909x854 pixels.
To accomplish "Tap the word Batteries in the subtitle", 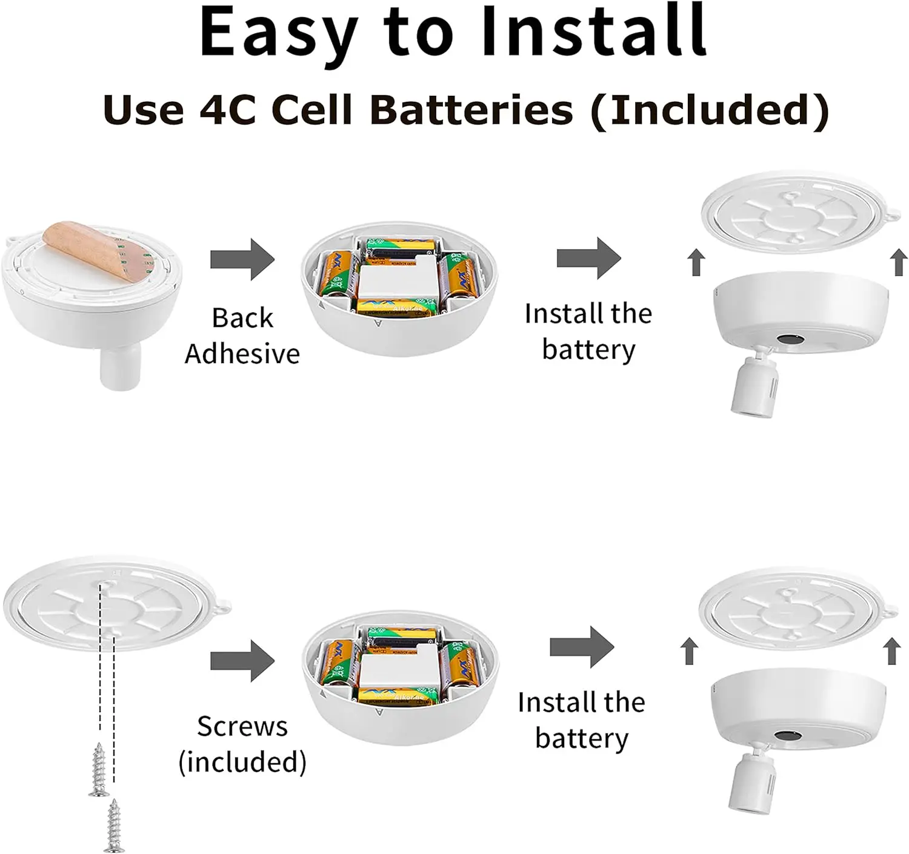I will [x=471, y=111].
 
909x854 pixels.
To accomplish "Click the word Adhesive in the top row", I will [x=242, y=354].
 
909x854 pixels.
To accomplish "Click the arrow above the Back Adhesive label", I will [x=242, y=259].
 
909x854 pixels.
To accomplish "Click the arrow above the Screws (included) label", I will [x=242, y=661].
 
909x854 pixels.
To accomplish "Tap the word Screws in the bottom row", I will [x=242, y=726].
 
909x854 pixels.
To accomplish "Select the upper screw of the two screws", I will [x=99, y=770].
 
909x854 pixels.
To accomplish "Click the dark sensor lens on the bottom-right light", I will [x=788, y=735].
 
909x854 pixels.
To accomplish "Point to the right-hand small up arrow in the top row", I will [x=899, y=263].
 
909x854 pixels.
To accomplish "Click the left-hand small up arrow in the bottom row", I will [x=688, y=652].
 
